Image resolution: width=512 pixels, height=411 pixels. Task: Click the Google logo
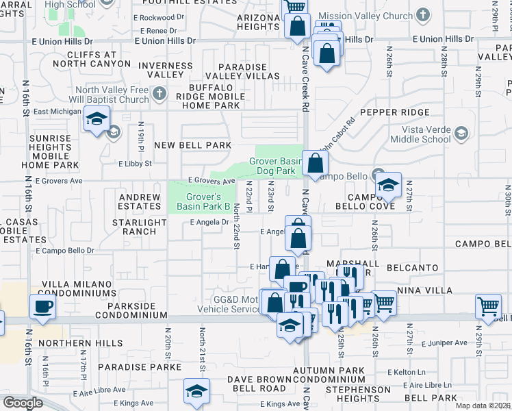click(x=23, y=403)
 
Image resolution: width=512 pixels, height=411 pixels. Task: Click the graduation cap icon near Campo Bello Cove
click(x=388, y=184)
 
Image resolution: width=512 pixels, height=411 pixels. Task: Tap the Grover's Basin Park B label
click(x=203, y=201)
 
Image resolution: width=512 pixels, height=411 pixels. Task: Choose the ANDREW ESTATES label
click(x=139, y=202)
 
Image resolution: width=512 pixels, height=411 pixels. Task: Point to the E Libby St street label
click(x=134, y=164)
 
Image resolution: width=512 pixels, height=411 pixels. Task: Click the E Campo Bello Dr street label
click(x=65, y=251)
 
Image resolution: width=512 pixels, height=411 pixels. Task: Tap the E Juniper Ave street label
click(x=444, y=342)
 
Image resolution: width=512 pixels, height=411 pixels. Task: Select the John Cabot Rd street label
click(x=339, y=134)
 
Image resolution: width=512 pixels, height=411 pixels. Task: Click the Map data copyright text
click(x=483, y=406)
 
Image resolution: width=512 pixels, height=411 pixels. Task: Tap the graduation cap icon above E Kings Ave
click(x=196, y=390)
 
